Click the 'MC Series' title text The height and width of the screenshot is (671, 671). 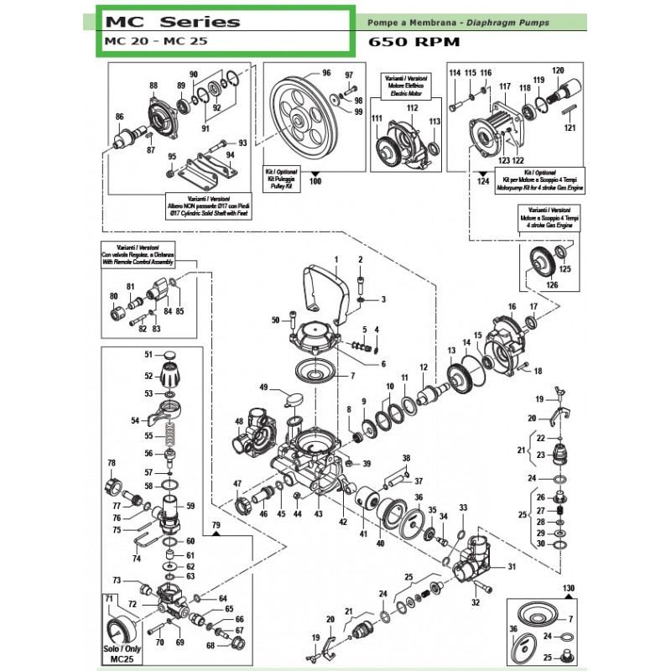click(x=172, y=22)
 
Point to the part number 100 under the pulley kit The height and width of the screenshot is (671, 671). click(x=315, y=181)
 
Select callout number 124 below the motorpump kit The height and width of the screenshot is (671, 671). click(x=481, y=181)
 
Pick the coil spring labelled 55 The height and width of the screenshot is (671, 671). click(x=170, y=437)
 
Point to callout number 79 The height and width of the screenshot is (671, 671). click(x=216, y=526)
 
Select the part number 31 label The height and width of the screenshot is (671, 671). click(x=511, y=568)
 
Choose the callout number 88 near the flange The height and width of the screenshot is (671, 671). click(x=153, y=86)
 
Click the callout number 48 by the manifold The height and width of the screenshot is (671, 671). click(x=239, y=421)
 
